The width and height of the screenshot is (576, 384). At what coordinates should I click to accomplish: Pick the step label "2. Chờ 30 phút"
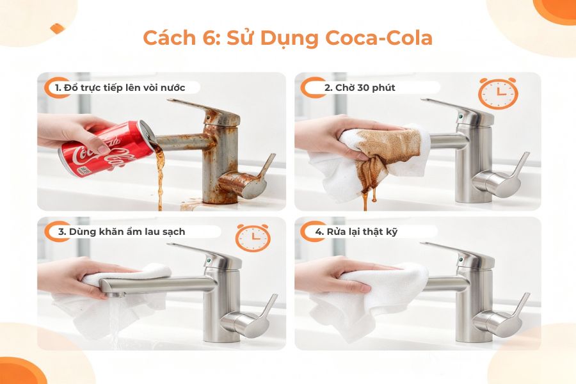[360, 88]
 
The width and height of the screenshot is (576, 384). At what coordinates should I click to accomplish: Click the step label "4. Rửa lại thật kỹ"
[356, 231]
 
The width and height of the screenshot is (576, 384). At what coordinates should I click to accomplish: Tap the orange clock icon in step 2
[498, 93]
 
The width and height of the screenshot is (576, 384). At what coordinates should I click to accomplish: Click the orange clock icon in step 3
[253, 237]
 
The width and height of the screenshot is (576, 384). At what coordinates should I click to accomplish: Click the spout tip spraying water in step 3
[113, 294]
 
